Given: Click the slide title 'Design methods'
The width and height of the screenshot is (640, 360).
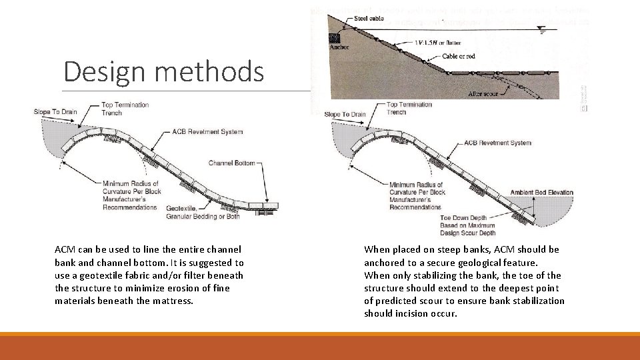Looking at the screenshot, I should coord(163,71).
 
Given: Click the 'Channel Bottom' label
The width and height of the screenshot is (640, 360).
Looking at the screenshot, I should coord(231,163).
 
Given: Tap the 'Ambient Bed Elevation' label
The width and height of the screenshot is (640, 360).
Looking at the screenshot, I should coord(541,193).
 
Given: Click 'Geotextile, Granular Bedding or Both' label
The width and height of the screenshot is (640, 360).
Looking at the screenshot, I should coord(193,212).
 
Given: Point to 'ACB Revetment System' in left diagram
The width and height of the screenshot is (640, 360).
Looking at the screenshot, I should coord(207,132).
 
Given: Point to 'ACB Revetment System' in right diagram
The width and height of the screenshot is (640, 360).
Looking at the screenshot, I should coord(497,143).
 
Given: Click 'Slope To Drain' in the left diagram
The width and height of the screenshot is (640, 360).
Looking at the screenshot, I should coord(55,112).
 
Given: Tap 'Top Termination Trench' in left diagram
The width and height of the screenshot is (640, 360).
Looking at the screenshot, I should coord(125,109).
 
